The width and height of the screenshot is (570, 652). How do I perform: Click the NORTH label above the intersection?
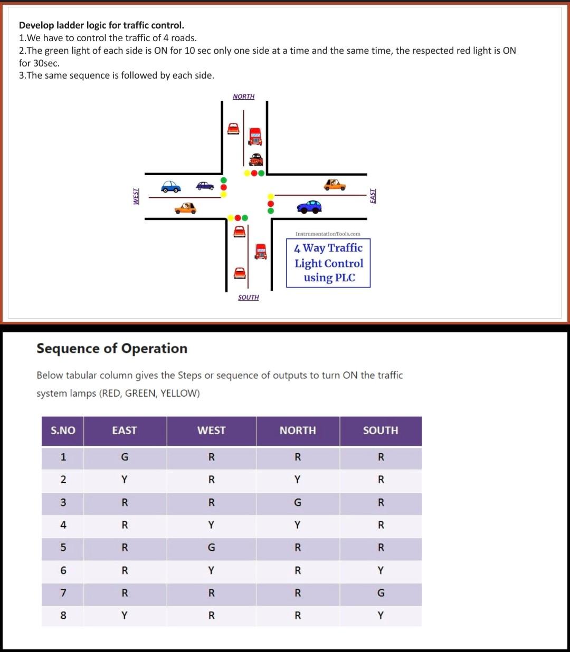point(243,97)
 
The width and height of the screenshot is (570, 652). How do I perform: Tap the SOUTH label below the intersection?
point(248,298)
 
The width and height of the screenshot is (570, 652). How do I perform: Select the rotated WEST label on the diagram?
point(136,196)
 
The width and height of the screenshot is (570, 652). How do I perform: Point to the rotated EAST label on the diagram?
point(373,196)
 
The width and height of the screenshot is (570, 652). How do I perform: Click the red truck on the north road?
point(255,136)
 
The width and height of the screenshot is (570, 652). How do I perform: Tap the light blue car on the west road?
point(171,187)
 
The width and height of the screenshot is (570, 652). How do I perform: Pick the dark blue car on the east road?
point(309,207)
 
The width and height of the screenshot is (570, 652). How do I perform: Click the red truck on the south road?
point(261,251)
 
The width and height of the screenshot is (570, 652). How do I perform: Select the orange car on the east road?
point(335,185)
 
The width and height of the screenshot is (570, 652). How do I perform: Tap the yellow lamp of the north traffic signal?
point(247,173)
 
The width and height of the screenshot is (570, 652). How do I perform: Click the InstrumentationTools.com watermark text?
point(328,234)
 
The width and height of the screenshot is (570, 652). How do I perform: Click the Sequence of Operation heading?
point(112,349)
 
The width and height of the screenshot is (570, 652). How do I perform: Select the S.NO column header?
point(63,430)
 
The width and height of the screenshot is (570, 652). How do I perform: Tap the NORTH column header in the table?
point(298,430)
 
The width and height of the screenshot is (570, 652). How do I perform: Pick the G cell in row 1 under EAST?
point(125,457)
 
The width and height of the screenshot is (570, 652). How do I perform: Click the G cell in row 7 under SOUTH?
point(381,593)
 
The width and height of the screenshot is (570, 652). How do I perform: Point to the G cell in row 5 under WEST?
point(211,548)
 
